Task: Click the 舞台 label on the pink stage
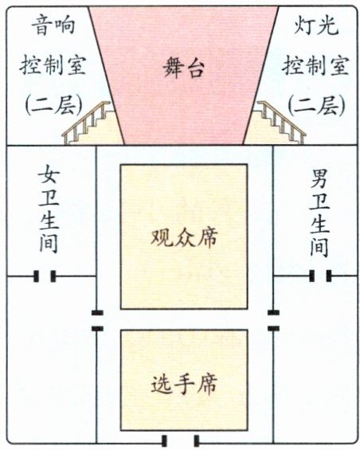click(x=184, y=68)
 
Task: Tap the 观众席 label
click(x=184, y=237)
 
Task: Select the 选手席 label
click(x=184, y=384)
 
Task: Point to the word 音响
click(x=53, y=25)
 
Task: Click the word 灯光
click(x=315, y=25)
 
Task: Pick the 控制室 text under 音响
click(x=53, y=65)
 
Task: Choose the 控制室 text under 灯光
click(x=315, y=65)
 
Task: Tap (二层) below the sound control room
click(x=54, y=105)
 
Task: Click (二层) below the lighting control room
click(x=316, y=105)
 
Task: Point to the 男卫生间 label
click(x=319, y=213)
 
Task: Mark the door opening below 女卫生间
click(x=45, y=276)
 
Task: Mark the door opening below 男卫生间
click(x=320, y=276)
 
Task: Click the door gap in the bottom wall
click(x=180, y=441)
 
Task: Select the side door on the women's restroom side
click(x=97, y=320)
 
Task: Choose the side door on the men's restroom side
click(x=273, y=320)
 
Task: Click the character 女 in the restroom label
click(x=49, y=174)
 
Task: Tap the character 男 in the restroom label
click(x=319, y=178)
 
